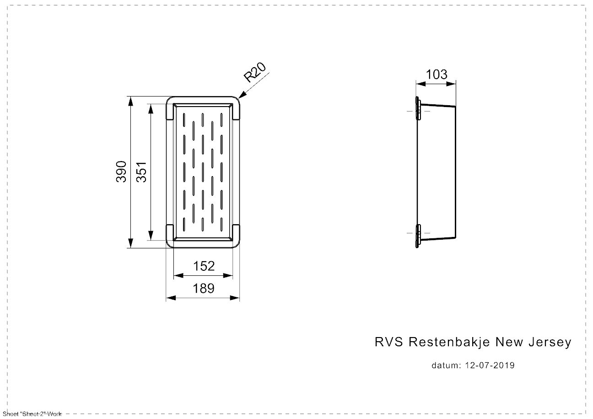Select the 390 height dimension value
pos(121,172)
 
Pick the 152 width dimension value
pos(204,266)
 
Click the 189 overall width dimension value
pos(204,288)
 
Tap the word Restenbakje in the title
pos(449,342)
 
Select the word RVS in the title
pos(389,342)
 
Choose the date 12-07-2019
pos(490,365)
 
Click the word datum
pos(445,365)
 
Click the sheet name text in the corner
pos(32,414)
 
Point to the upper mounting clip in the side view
pos(418,109)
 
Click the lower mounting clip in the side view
pos(418,236)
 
